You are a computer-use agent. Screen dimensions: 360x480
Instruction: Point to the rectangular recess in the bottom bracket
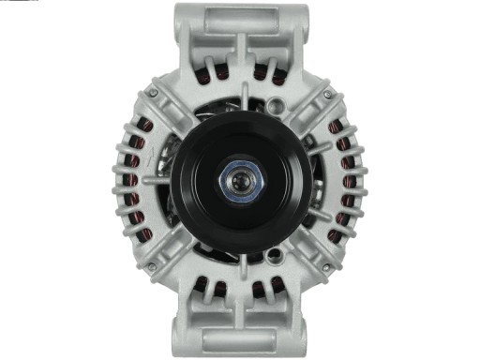tap(240, 343)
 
